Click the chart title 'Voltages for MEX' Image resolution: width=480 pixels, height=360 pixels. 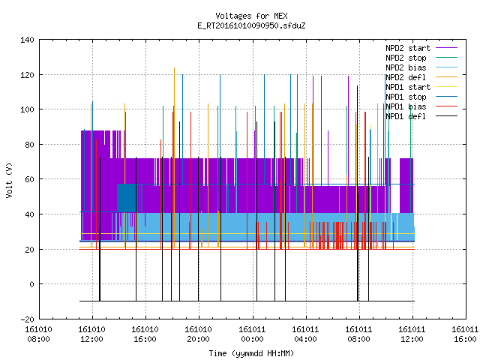point(251,16)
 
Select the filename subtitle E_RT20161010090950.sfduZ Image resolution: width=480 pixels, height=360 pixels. point(251,25)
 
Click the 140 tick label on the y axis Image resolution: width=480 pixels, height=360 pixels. point(27,40)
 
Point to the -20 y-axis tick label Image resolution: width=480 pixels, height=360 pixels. point(27,319)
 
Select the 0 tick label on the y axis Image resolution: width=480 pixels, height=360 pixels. point(31,284)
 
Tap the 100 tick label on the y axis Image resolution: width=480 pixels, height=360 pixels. point(27,109)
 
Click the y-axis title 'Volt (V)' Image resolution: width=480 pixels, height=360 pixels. point(9,180)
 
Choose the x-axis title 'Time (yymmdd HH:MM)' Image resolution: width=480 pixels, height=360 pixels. point(251,353)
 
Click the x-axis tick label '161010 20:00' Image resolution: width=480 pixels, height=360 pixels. point(199,334)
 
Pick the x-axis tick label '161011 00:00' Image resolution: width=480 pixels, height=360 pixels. point(252,334)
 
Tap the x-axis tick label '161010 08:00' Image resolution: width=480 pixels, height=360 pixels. point(38,334)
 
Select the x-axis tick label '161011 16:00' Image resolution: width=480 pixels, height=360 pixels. point(465,334)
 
